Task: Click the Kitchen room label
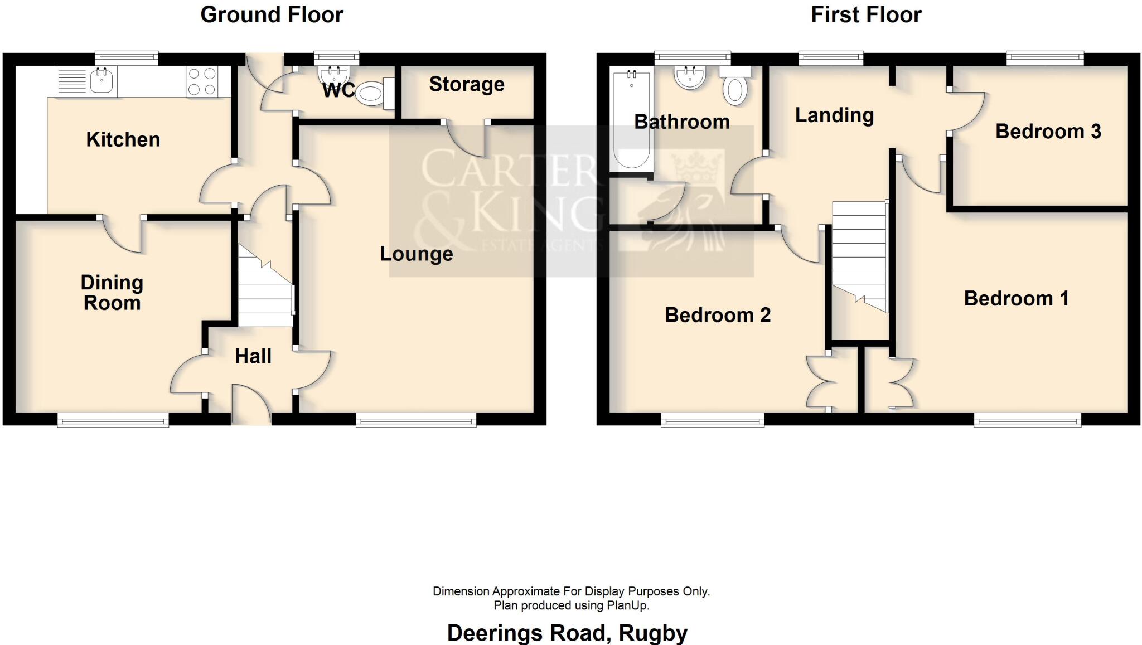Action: [123, 139]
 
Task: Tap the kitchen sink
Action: [101, 81]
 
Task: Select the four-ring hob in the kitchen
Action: [202, 81]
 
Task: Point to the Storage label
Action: [467, 84]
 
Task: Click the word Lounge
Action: [416, 254]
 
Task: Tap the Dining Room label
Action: [112, 293]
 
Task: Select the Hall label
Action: [253, 356]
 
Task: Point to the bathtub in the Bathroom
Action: [631, 120]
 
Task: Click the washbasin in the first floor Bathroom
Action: [690, 78]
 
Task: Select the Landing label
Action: [834, 115]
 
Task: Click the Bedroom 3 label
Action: [1048, 132]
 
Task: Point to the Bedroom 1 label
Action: [1016, 299]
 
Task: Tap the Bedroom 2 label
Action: [717, 316]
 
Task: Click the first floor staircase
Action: [859, 256]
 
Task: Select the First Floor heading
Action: [865, 14]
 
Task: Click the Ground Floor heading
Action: [272, 14]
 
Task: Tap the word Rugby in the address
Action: [653, 633]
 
